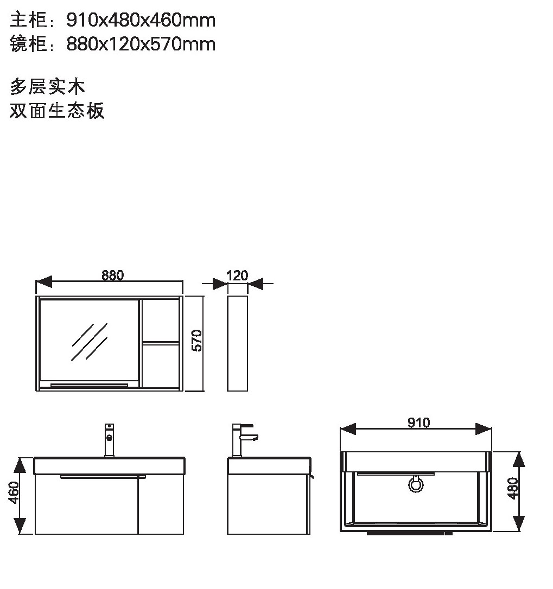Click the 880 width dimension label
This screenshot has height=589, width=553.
[112, 276]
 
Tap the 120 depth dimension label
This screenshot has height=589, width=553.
[237, 276]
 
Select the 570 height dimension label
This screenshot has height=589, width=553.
[196, 340]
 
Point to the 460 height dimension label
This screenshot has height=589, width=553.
[14, 492]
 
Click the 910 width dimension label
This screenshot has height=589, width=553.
[418, 422]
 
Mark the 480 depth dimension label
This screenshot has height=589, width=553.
[513, 488]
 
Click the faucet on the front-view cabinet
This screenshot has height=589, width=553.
[109, 440]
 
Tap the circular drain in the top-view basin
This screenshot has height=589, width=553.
[416, 484]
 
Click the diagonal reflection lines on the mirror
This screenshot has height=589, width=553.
[90, 342]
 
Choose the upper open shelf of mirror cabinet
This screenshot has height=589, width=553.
[160, 321]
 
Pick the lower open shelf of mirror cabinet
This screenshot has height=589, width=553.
[160, 366]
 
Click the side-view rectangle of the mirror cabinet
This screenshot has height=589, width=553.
[237, 343]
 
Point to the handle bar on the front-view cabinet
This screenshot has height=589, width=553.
[103, 477]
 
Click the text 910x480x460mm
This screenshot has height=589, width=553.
[141, 20]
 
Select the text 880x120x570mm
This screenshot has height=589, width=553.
[141, 44]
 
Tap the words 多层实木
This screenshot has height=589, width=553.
[47, 87]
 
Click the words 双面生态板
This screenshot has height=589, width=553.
[57, 111]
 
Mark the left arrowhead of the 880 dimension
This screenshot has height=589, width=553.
[43, 281]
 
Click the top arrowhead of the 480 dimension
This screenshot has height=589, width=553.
[519, 459]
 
